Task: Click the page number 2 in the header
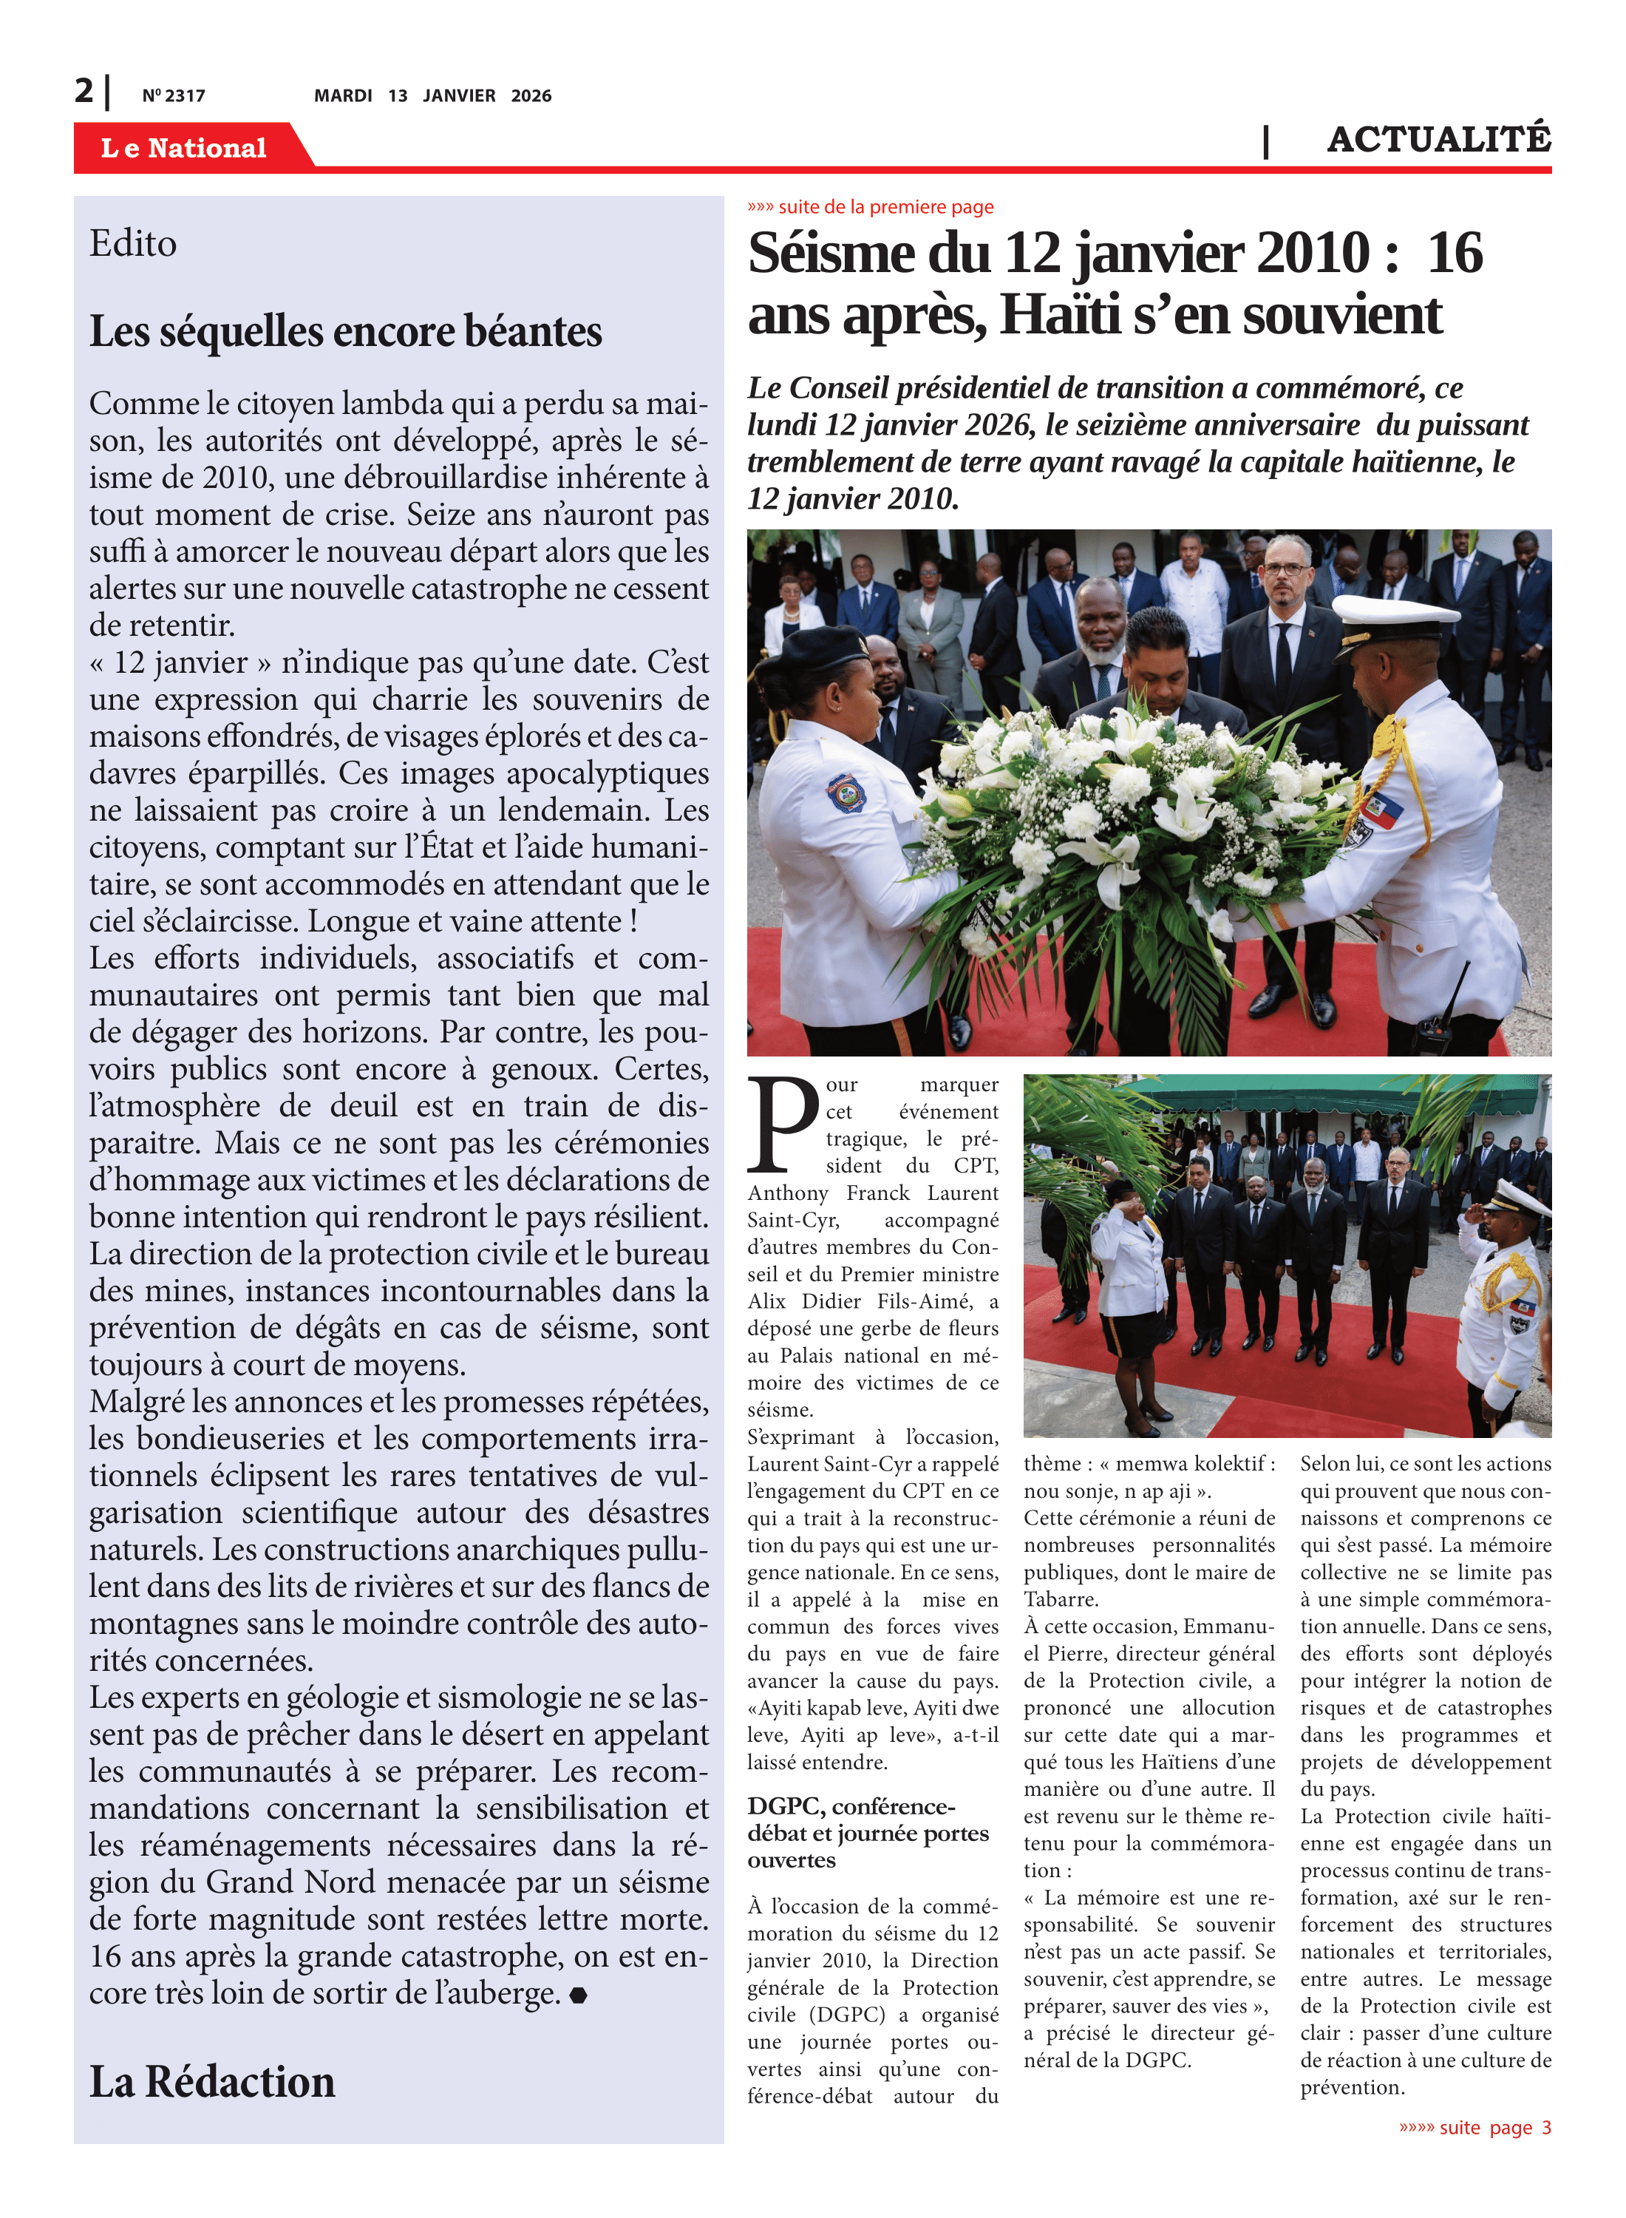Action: pyautogui.click(x=84, y=91)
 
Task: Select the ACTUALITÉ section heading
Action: pyautogui.click(x=1438, y=140)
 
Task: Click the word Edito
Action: pyautogui.click(x=133, y=244)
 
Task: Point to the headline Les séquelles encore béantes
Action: pyautogui.click(x=345, y=332)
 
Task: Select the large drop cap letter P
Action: pyautogui.click(x=783, y=1125)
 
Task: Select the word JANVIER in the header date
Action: pyautogui.click(x=459, y=95)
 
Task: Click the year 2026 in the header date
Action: pyautogui.click(x=531, y=95)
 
